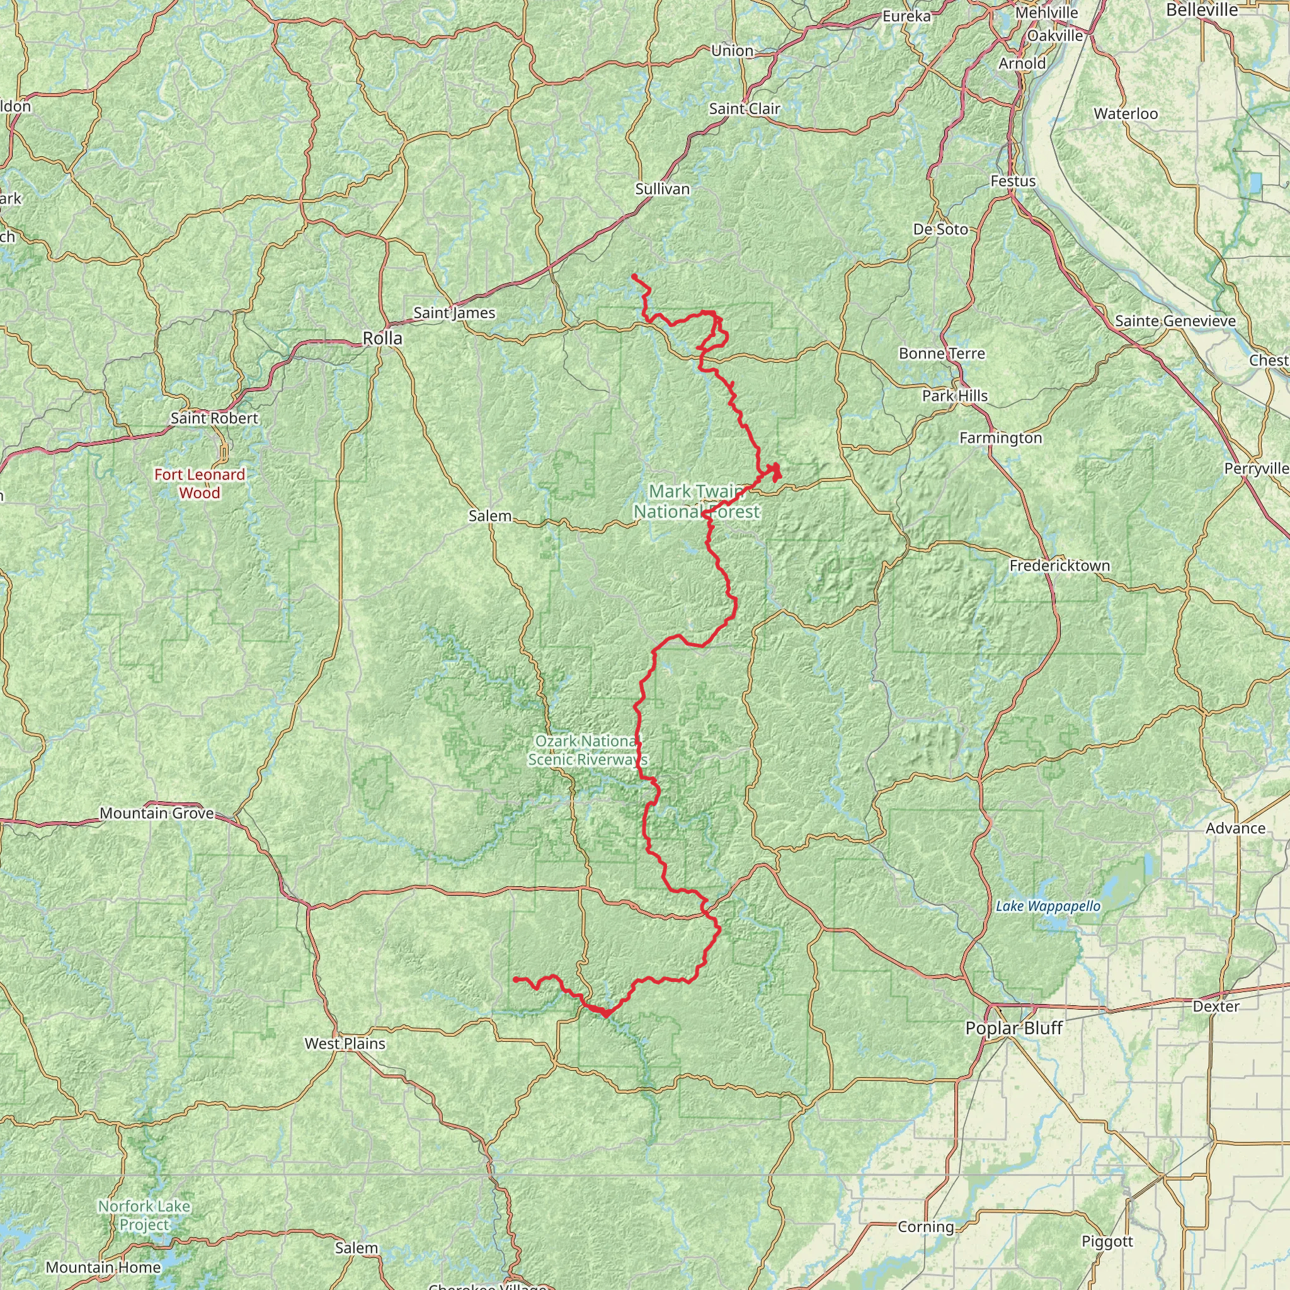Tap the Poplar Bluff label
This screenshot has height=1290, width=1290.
tap(1013, 1028)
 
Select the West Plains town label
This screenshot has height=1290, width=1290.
tap(345, 1044)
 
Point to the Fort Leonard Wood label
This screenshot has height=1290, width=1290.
tap(200, 483)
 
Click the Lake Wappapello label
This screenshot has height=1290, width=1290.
tap(1047, 906)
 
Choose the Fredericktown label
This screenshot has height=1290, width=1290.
tap(1059, 566)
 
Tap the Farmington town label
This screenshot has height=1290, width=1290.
tap(1000, 438)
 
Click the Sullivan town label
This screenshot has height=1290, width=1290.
tap(663, 189)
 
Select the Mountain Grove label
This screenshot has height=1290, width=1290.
tap(157, 813)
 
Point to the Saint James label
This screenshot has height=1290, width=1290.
tap(454, 312)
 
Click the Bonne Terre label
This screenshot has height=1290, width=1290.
tap(942, 353)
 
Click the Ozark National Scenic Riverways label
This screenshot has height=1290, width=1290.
tap(588, 750)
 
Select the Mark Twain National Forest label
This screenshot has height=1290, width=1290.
tap(697, 501)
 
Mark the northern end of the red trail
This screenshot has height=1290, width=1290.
tap(634, 277)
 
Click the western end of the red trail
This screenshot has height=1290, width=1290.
tap(515, 979)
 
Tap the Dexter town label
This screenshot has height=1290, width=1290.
tap(1216, 1006)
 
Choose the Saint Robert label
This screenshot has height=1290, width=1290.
tap(214, 418)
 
